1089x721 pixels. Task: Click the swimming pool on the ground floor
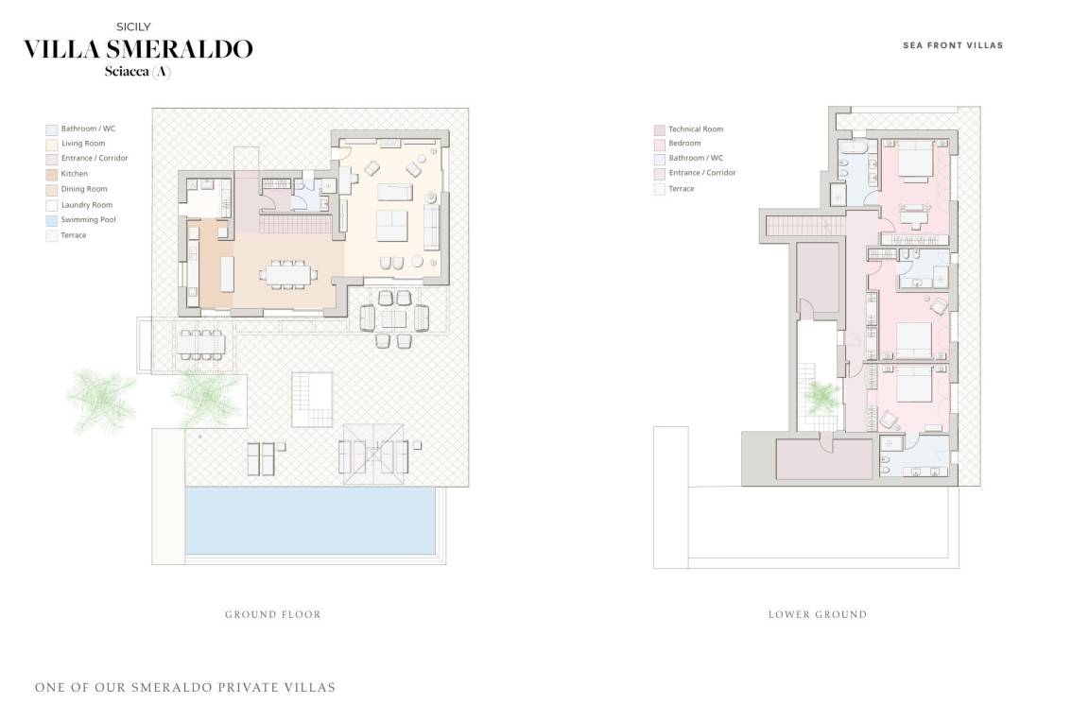tap(310, 521)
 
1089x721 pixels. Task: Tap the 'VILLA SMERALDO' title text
tap(138, 49)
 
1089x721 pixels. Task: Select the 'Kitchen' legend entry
tap(67, 174)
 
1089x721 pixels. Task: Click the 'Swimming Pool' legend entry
tap(80, 220)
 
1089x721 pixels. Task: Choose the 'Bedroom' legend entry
tap(677, 144)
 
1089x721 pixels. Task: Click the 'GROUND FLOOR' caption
tap(273, 614)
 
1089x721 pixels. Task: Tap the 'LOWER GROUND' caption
tap(818, 614)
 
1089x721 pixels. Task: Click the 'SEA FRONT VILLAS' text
tap(953, 45)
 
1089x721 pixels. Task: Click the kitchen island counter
tap(227, 274)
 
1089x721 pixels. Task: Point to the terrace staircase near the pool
tap(312, 400)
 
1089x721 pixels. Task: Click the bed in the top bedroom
tap(915, 161)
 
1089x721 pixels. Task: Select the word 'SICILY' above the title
tap(133, 27)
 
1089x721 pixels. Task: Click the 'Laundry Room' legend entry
tap(79, 205)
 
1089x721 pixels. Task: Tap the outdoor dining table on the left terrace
tap(200, 344)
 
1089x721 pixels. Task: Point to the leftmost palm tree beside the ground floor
tap(101, 399)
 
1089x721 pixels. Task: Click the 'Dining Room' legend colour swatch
tap(51, 189)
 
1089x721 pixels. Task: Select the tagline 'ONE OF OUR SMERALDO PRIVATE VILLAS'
tap(185, 688)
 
